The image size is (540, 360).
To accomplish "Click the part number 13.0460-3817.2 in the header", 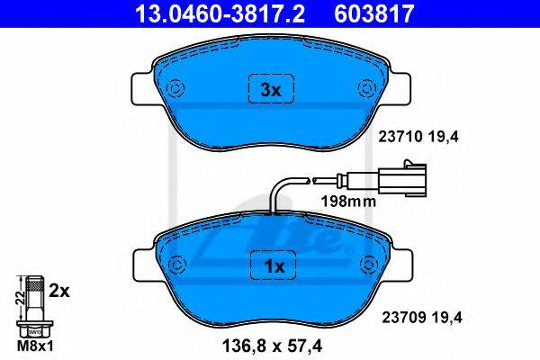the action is point(220,13).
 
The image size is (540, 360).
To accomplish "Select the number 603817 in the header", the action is point(373,13).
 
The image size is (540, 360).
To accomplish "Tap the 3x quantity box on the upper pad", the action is point(271,88).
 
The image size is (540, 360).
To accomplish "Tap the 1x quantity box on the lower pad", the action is point(274,265).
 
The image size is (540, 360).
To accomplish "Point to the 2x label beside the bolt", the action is point(58,292).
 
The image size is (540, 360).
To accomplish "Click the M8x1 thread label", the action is point(35,346).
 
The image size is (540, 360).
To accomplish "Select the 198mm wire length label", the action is point(348,202).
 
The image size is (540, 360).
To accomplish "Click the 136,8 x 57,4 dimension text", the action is point(272,346).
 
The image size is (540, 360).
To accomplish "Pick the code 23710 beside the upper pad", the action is point(400,137).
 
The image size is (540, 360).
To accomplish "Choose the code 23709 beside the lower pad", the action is point(403,318).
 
